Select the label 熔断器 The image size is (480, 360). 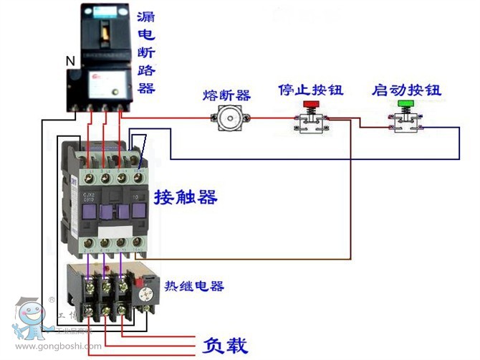(x=226, y=95)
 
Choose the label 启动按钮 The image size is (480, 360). (x=406, y=91)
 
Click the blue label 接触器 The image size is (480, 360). (x=185, y=196)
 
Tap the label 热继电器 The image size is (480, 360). (x=194, y=286)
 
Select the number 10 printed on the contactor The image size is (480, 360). (x=135, y=194)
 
